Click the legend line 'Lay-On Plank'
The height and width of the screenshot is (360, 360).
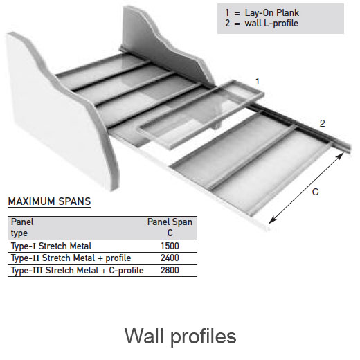pos(262,12)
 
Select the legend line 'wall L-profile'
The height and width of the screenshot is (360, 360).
pos(262,24)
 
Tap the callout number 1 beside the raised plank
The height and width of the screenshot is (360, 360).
pos(258,81)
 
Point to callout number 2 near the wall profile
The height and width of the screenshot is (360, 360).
pos(323,123)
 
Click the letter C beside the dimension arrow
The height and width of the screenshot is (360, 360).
pos(315,192)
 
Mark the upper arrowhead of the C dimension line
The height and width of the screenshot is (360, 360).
pos(340,156)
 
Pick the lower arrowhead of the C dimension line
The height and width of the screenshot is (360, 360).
pos(272,220)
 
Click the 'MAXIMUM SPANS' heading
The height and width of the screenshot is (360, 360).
pos(49,201)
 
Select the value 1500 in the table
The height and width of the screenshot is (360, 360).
pos(170,246)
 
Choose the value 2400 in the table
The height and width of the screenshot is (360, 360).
pos(170,258)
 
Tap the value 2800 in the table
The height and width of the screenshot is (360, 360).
pos(170,270)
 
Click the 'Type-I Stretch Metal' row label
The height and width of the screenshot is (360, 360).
pos(51,246)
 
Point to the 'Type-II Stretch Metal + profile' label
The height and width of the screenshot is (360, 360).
pos(71,258)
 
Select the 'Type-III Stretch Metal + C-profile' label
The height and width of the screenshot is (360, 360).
pos(78,271)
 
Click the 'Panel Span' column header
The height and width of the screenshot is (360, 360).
pos(170,222)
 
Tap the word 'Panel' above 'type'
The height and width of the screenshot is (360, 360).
pos(22,222)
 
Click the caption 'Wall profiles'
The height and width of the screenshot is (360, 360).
pos(181,336)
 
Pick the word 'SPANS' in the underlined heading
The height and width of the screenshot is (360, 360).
pos(74,201)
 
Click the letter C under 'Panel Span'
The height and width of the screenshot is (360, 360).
pos(170,233)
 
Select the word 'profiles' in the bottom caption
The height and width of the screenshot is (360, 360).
pos(204,337)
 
